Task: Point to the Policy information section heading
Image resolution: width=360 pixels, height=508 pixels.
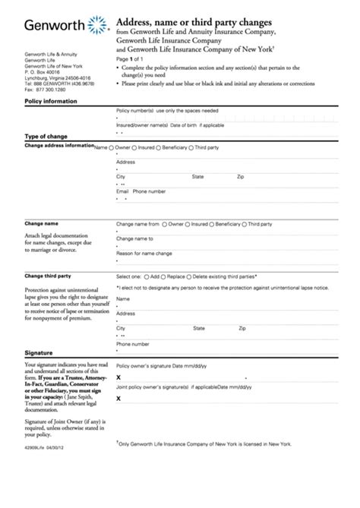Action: click(49, 100)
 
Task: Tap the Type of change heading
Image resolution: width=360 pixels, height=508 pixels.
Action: click(47, 136)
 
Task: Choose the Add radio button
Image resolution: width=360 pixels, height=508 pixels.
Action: click(146, 277)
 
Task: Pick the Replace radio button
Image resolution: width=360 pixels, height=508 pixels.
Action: click(163, 277)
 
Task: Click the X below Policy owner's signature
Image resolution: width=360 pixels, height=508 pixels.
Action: click(118, 377)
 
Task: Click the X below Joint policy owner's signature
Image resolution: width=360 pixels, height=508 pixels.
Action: click(118, 398)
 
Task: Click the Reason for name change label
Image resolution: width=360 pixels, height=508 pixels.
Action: click(144, 253)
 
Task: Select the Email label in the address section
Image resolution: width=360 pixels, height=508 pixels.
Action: click(122, 191)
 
